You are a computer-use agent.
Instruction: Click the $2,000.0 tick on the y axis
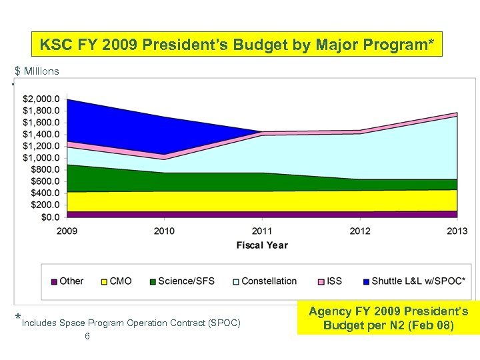(x=41, y=99)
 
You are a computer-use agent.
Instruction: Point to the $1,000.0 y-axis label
(x=41, y=158)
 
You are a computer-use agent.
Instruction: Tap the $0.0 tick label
(x=51, y=217)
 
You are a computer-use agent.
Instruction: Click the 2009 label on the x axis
(x=67, y=231)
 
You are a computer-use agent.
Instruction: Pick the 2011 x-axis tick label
(x=262, y=231)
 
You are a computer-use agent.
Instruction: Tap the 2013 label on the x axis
(x=457, y=231)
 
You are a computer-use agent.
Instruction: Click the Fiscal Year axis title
(x=262, y=245)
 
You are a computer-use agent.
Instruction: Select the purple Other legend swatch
(x=54, y=281)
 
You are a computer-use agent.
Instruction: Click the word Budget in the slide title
(x=251, y=45)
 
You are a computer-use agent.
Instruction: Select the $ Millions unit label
(x=37, y=71)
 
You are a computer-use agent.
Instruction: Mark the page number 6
(x=87, y=337)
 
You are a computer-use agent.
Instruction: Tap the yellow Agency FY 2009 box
(x=389, y=319)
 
